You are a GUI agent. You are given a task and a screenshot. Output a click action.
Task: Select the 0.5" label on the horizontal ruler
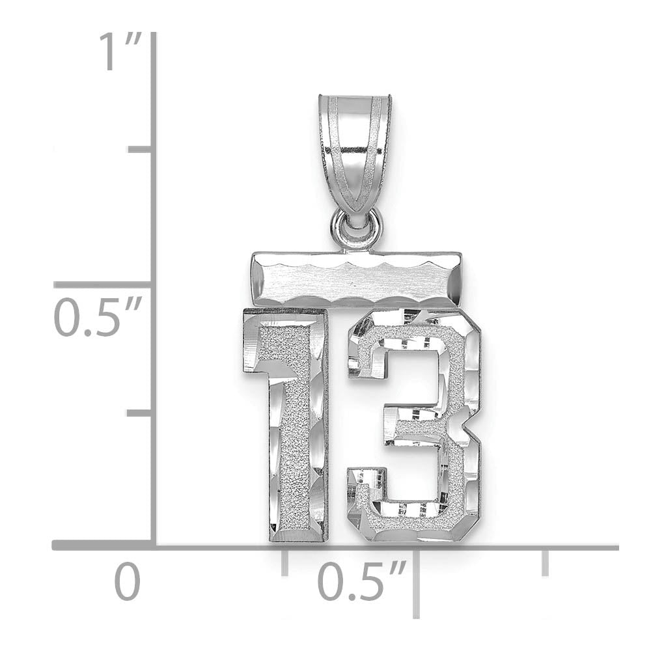(x=361, y=581)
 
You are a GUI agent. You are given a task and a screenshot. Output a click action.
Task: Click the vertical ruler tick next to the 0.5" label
(x=104, y=284)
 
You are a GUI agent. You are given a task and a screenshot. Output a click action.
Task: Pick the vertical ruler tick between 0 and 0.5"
(x=140, y=413)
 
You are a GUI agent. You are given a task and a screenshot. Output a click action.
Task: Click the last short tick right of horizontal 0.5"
(x=545, y=562)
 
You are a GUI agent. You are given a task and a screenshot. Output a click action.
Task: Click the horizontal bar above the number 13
(x=356, y=279)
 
